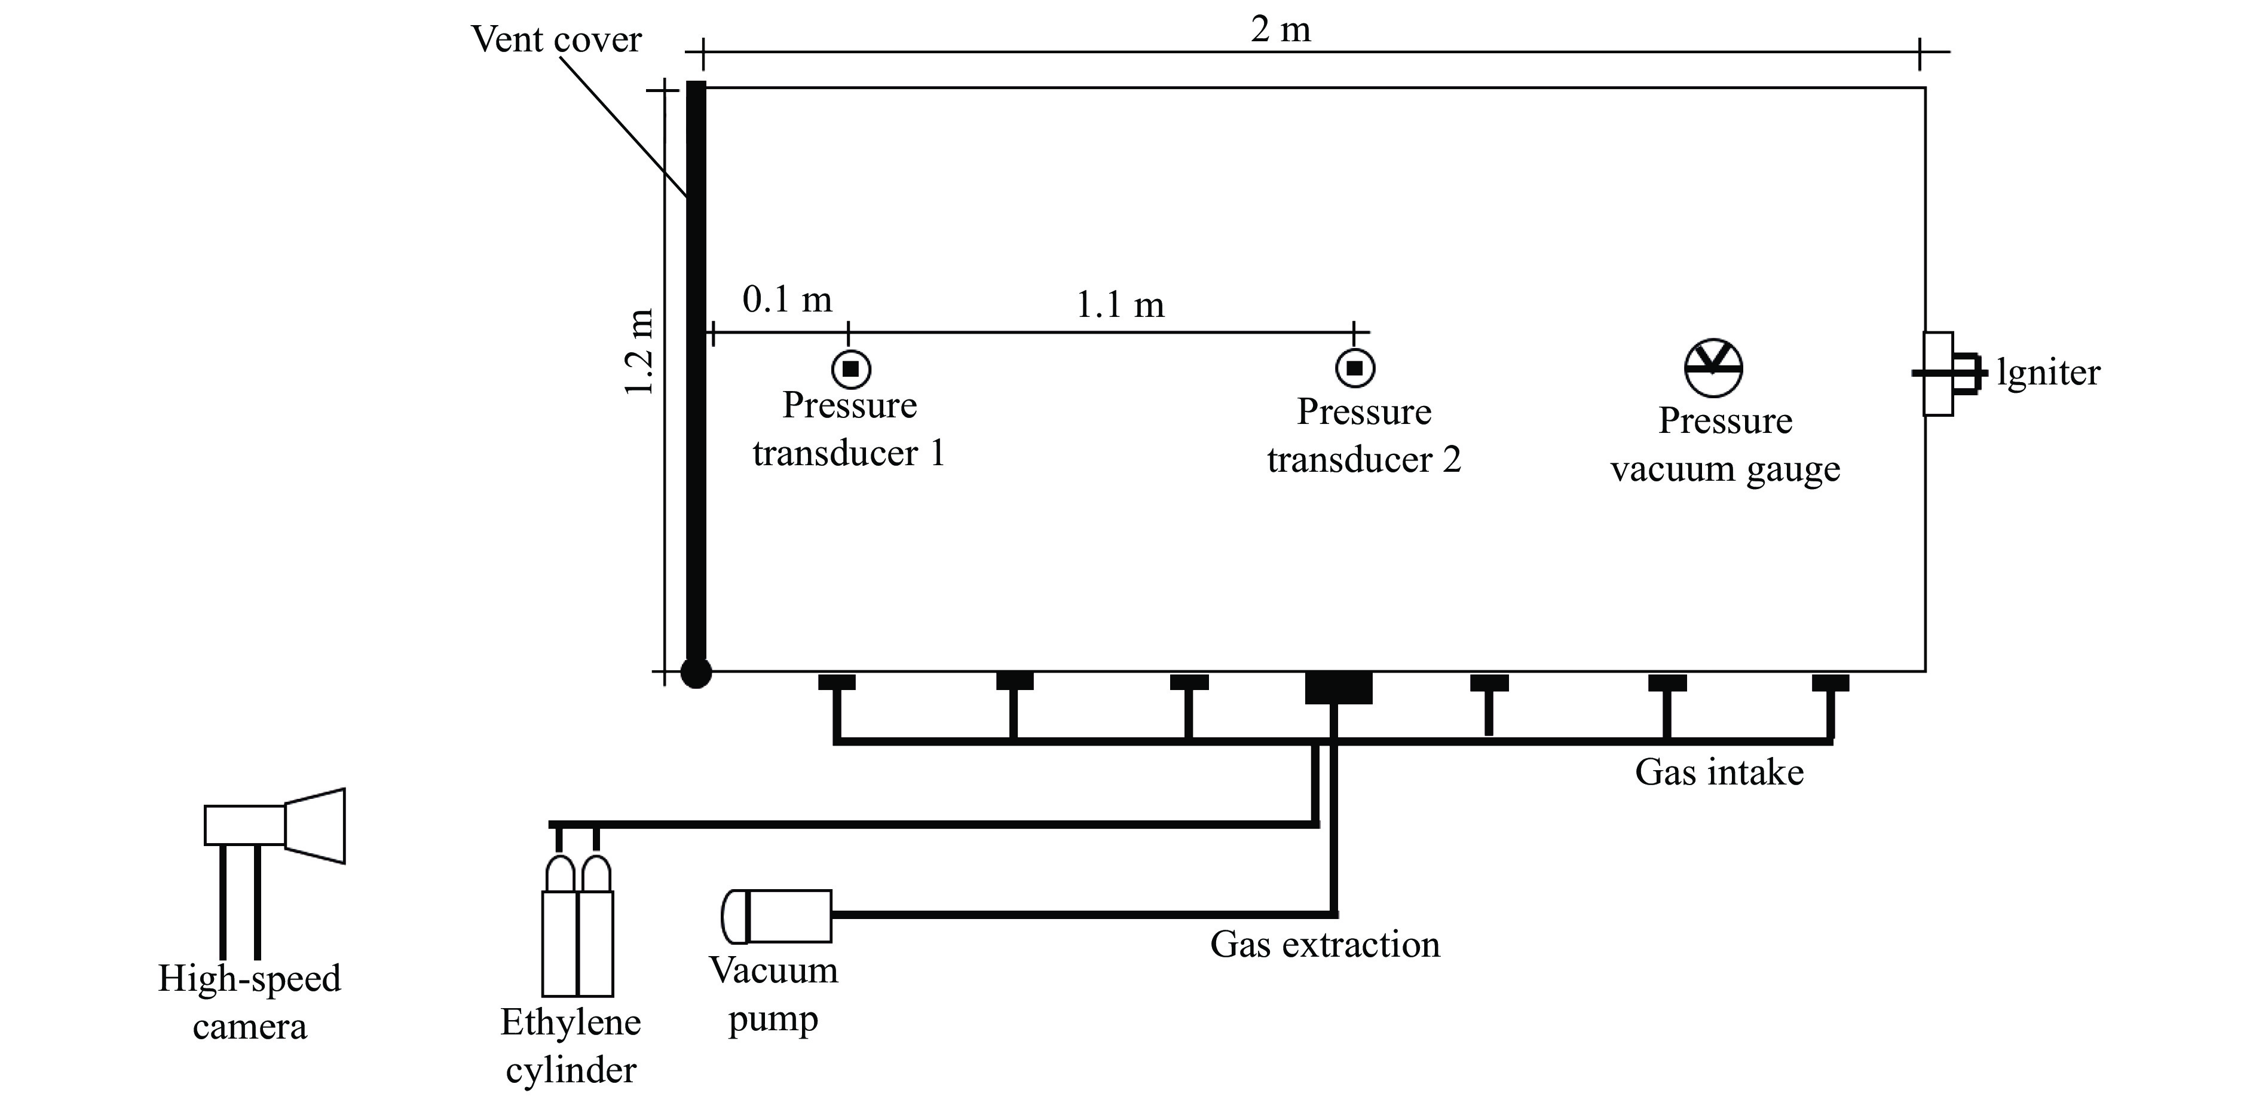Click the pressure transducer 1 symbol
coord(850,370)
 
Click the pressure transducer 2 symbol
coord(1355,368)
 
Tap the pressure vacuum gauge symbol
coord(1713,368)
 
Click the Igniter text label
coord(2049,373)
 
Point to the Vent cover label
coord(556,39)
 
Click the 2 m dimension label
coord(1280,30)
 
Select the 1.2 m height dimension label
coord(640,352)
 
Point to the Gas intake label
coord(1719,772)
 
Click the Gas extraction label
coord(1325,945)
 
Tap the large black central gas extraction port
coord(1338,687)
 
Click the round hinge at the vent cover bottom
coord(696,673)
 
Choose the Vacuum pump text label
coord(773,994)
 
